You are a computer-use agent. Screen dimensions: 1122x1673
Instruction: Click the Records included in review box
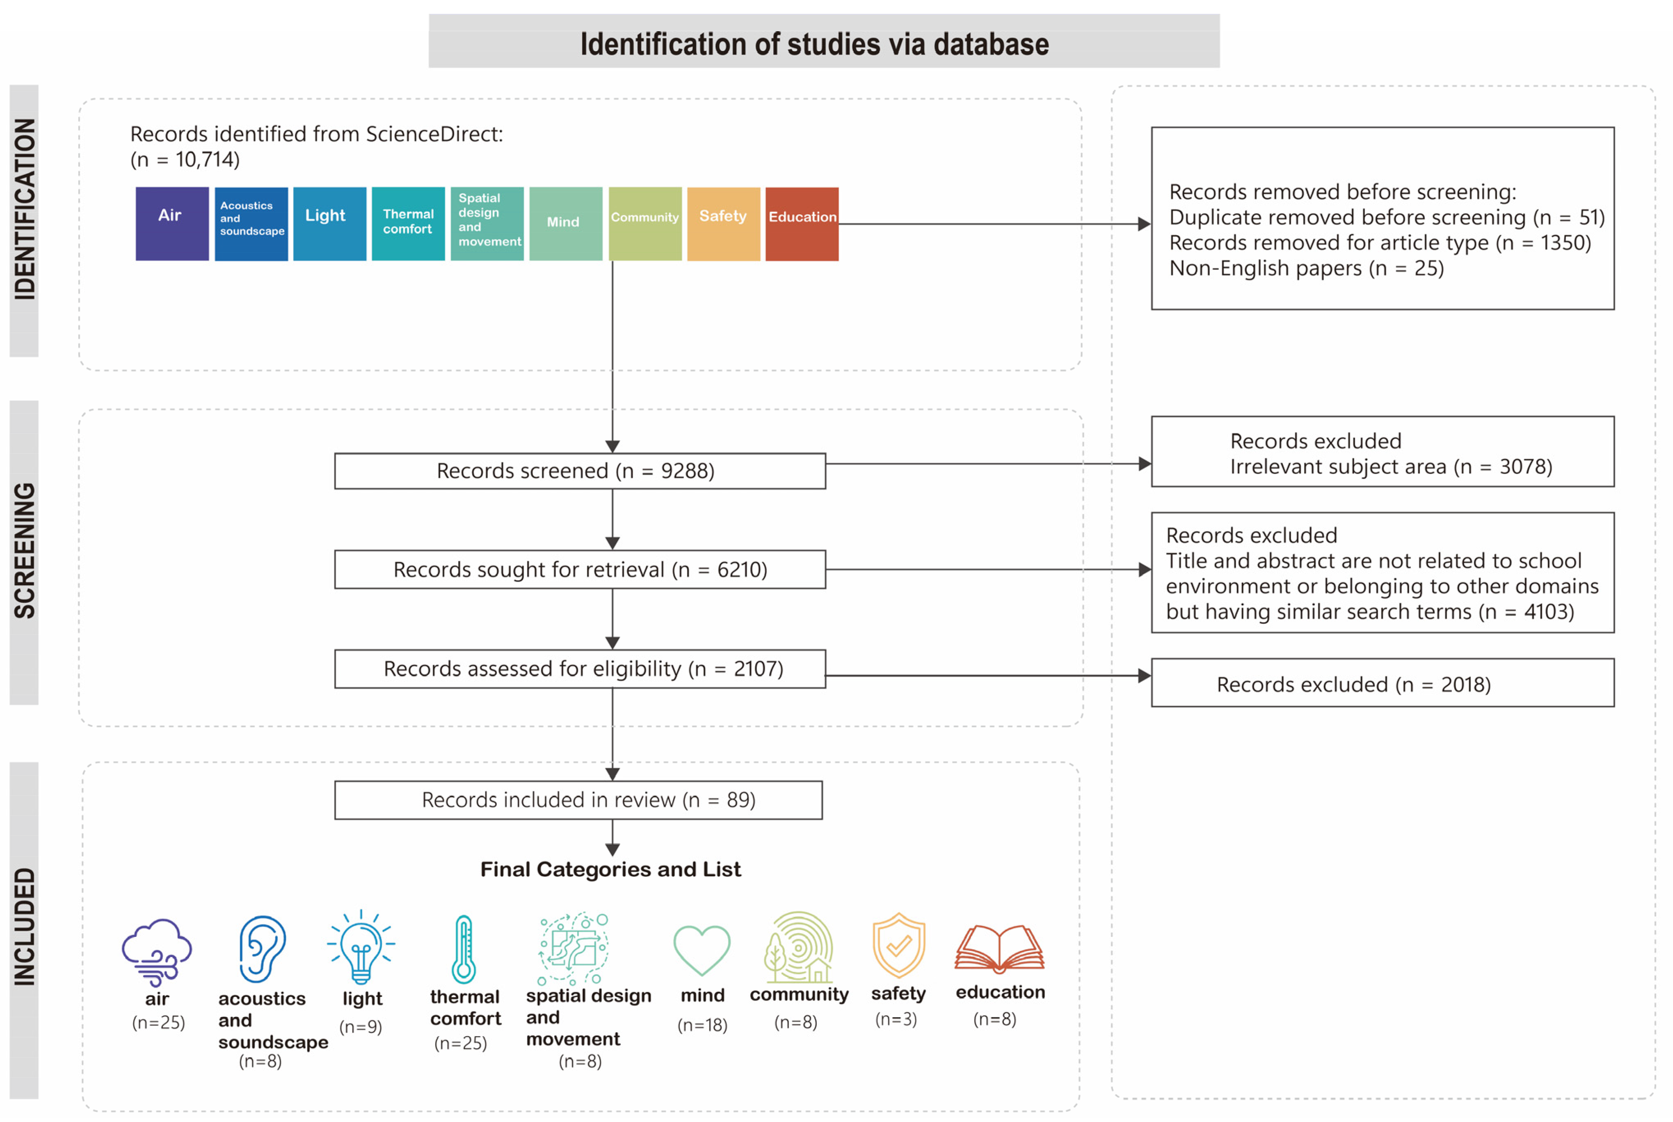578,799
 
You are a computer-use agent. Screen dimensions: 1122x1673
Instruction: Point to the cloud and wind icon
157,952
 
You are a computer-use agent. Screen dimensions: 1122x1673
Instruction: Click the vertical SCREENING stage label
24,551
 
